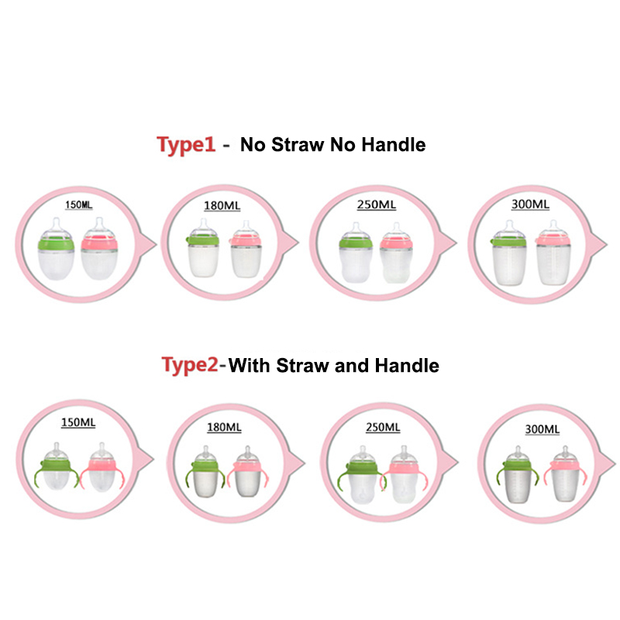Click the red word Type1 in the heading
[x=186, y=145]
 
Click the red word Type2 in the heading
[x=190, y=365]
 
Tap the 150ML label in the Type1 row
[x=79, y=205]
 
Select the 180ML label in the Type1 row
[x=222, y=205]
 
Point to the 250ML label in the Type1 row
[x=377, y=205]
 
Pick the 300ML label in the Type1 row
[x=530, y=204]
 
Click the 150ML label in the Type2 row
[x=78, y=422]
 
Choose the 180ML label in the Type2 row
[x=224, y=427]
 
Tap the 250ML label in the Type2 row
[x=383, y=428]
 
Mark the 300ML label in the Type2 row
[x=542, y=429]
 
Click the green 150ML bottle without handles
[x=56, y=249]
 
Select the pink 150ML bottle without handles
[x=99, y=248]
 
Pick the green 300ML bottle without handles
[x=509, y=253]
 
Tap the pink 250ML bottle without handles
[x=396, y=253]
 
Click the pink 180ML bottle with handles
[x=247, y=471]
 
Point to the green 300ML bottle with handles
[x=518, y=474]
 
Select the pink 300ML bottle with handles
[x=566, y=474]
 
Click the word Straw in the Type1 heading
[x=298, y=145]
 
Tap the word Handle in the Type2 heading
[x=407, y=365]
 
